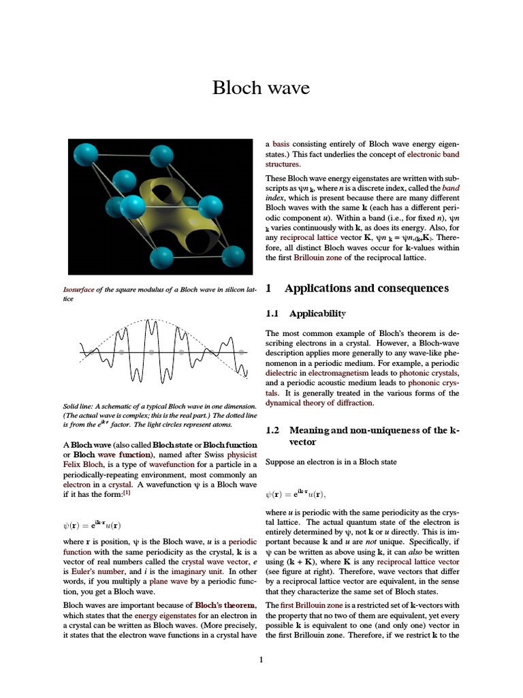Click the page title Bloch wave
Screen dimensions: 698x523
[261, 89]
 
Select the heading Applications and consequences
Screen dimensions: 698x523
[366, 288]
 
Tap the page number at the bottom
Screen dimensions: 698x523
[261, 658]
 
